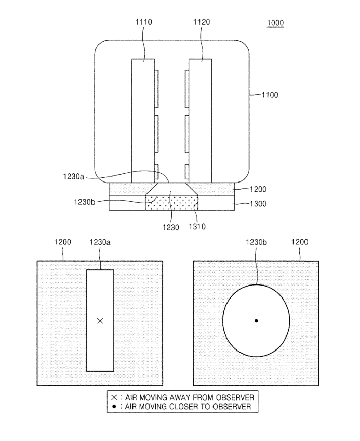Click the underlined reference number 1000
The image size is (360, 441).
275,23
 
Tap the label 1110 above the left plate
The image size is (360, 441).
143,22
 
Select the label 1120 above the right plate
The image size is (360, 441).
202,22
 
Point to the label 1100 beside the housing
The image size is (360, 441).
270,95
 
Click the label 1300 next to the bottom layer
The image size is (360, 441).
258,204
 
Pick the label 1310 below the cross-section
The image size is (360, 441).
197,226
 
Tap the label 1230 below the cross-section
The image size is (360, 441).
170,227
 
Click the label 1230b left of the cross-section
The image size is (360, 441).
84,202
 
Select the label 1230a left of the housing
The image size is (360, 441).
73,177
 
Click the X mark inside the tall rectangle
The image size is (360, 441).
100,321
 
